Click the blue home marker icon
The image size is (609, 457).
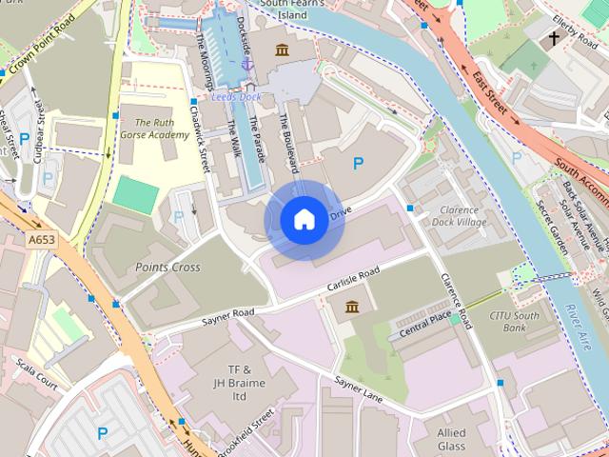[x=304, y=219]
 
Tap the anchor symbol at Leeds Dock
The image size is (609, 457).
[x=246, y=63]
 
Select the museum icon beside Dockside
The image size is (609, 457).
[x=282, y=49]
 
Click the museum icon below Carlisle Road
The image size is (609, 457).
[x=352, y=307]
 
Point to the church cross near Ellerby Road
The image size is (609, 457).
[x=553, y=40]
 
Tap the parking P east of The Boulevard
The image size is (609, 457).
[x=358, y=164]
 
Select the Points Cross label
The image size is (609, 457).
[x=167, y=268]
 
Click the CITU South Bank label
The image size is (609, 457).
[x=514, y=321]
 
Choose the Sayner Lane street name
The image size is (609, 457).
[x=358, y=389]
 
